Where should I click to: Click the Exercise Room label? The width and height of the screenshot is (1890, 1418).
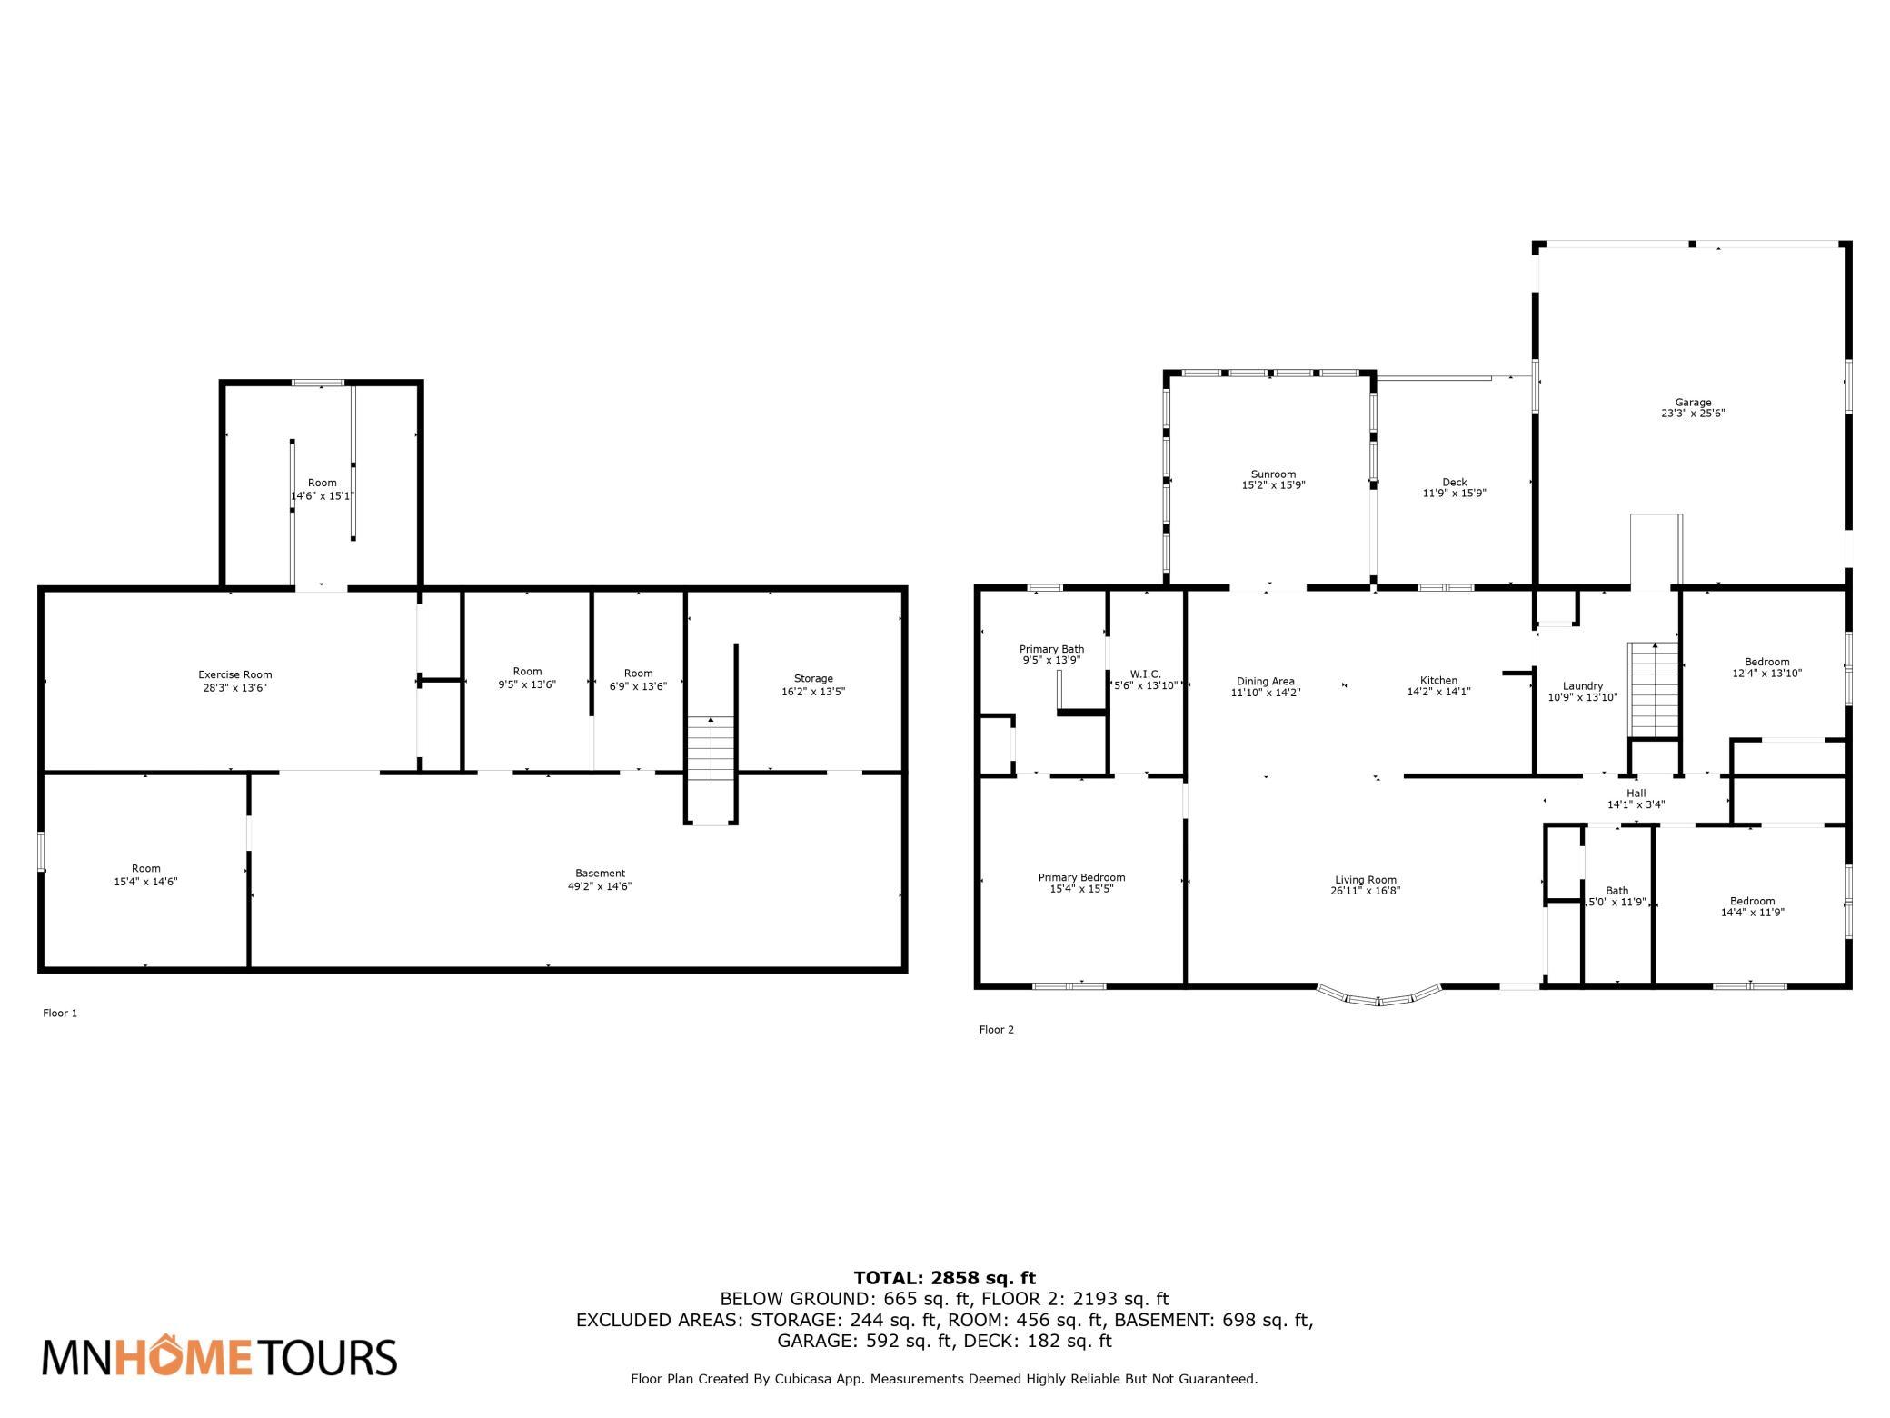click(235, 674)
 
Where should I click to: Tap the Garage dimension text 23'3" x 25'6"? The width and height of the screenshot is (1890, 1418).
click(1693, 413)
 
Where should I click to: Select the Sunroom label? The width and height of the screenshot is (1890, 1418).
click(1273, 474)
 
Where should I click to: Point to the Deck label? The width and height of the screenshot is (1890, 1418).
click(1454, 483)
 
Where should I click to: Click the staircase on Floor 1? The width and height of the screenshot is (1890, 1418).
click(711, 748)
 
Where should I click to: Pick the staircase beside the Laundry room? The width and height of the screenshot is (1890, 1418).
click(1653, 691)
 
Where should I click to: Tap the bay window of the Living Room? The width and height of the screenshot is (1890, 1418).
click(1378, 996)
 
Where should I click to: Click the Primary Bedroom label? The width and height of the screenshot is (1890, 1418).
click(1081, 877)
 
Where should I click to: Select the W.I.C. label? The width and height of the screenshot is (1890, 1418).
click(1146, 674)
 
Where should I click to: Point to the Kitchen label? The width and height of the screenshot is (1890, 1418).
click(1438, 680)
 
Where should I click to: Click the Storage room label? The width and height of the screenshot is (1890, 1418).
click(813, 678)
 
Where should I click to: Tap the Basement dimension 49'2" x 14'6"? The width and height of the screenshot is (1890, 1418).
click(600, 886)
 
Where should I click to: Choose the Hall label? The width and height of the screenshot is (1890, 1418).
click(1636, 794)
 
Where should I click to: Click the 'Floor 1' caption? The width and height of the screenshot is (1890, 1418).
click(60, 1013)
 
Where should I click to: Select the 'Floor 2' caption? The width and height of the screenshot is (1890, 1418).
click(996, 1030)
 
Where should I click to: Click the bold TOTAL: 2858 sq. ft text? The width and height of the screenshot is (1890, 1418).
click(945, 1279)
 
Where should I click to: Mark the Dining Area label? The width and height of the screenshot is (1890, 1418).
click(1266, 682)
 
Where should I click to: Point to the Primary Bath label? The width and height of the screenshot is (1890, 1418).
click(1051, 649)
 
